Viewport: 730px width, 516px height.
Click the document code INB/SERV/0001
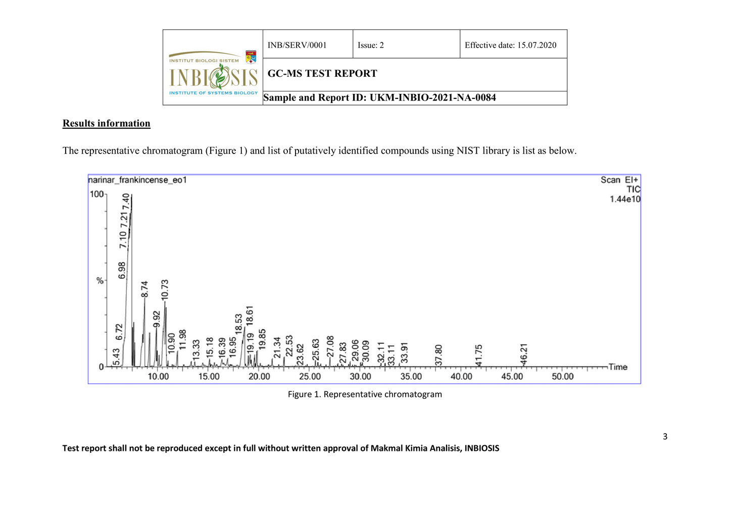pyautogui.click(x=297, y=45)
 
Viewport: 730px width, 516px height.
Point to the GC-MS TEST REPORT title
pyautogui.click(x=322, y=73)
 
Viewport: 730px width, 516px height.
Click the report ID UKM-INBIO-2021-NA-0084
pyautogui.click(x=432, y=97)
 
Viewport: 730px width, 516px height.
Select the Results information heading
pyautogui.click(x=107, y=123)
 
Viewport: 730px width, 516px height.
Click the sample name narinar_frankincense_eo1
pyautogui.click(x=137, y=180)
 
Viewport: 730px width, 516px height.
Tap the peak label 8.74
pyautogui.click(x=145, y=288)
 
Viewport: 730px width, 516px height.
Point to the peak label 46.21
pyautogui.click(x=524, y=353)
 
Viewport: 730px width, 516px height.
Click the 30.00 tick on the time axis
pyautogui.click(x=360, y=377)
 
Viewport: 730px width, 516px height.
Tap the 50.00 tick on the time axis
pyautogui.click(x=562, y=377)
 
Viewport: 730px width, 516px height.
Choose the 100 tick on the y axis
pyautogui.click(x=96, y=194)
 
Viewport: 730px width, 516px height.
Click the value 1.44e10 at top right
pyautogui.click(x=625, y=199)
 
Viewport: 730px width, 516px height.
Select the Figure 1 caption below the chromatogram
pyautogui.click(x=365, y=394)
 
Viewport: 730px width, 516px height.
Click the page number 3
pyautogui.click(x=665, y=437)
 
